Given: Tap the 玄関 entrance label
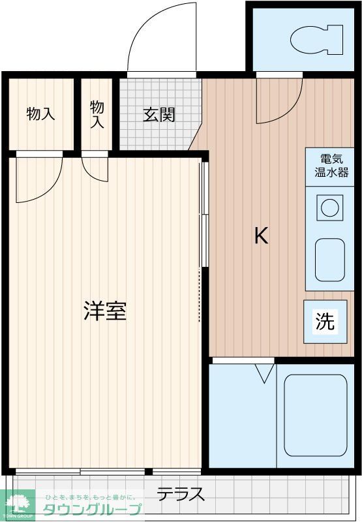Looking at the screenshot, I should pos(158,115).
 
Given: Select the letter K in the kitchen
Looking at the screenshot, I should pos(261,236).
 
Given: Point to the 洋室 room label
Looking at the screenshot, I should pos(104,311).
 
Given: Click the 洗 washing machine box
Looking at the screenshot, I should pos(325,321).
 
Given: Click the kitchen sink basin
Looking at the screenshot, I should pos(329,260).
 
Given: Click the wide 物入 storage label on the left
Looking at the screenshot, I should pos(40,114).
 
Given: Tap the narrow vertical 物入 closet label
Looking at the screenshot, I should pos(97,114).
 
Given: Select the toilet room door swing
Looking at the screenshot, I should pos(279,101).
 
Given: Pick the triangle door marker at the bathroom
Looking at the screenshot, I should pos(264,374).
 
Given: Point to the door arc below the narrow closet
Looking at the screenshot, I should pos(95,168).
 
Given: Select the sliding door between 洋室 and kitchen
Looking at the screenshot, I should pos(204,215).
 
